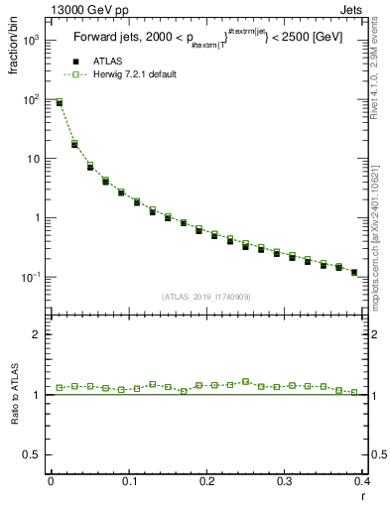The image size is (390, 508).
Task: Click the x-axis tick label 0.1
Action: [x=129, y=482]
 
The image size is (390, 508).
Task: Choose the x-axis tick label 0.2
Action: [x=206, y=482]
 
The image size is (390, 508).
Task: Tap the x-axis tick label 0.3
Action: [x=285, y=482]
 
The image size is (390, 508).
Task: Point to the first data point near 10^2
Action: [x=59, y=102]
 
